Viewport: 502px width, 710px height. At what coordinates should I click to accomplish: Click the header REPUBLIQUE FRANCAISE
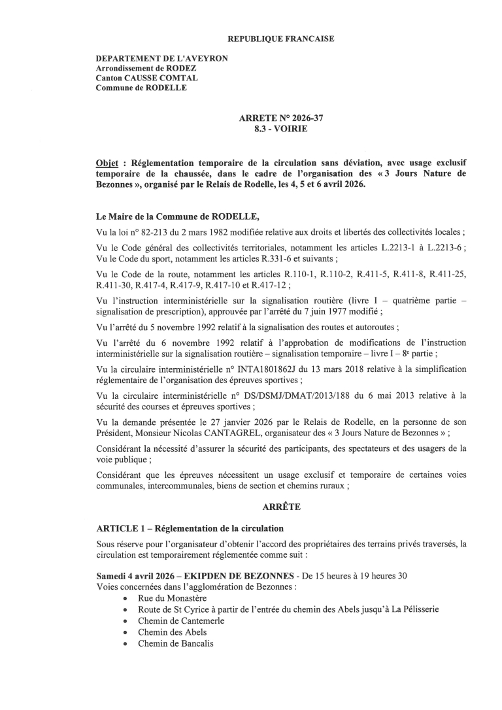click(x=280, y=39)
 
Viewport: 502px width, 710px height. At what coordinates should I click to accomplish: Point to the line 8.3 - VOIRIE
click(x=280, y=129)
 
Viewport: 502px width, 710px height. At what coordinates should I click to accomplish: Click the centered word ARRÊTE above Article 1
click(x=280, y=507)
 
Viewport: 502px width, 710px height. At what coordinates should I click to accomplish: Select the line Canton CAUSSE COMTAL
click(x=137, y=78)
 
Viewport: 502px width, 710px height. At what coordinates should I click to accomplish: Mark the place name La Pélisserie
click(x=412, y=609)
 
